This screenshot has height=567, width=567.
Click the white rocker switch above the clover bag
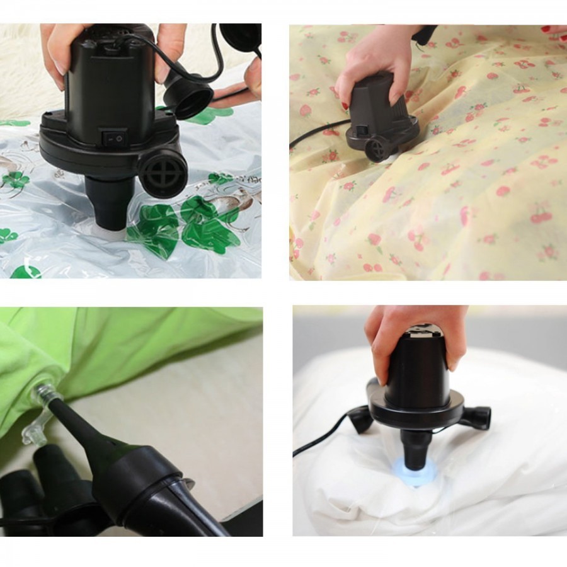click(x=115, y=135)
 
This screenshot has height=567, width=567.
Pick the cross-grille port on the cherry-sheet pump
click(x=376, y=149)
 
